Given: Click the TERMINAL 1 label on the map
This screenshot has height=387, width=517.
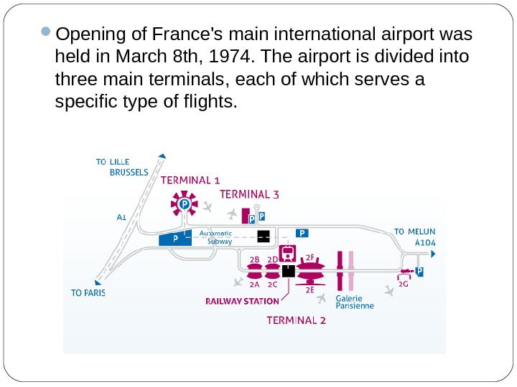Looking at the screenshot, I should tap(190, 180).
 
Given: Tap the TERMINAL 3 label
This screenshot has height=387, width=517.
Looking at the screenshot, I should tap(249, 193).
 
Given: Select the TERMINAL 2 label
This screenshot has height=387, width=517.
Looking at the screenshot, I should tap(296, 320).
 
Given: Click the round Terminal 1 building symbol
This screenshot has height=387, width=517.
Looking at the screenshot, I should tap(184, 205).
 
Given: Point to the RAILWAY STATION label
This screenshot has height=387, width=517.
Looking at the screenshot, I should tap(242, 302).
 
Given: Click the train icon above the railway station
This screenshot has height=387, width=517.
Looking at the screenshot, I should tap(289, 252).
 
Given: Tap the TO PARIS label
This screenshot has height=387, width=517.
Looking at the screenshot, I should tap(88, 292).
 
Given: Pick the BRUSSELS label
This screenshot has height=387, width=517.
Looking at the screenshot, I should tap(129, 172).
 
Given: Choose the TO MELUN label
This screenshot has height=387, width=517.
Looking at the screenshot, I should tap(414, 231).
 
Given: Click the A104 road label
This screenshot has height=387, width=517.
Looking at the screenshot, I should tap(425, 242).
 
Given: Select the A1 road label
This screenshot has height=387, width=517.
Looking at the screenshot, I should tap(121, 215).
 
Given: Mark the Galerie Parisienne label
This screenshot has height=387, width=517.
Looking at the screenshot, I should tap(355, 302).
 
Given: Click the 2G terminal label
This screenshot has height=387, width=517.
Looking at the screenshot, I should tap(403, 284).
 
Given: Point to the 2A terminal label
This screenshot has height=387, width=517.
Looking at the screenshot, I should tap(254, 284).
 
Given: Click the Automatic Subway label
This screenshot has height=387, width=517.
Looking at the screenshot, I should tap(215, 237).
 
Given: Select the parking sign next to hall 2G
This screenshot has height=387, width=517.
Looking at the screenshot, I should tap(419, 272).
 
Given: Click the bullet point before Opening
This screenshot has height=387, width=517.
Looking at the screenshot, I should tap(45, 33).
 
